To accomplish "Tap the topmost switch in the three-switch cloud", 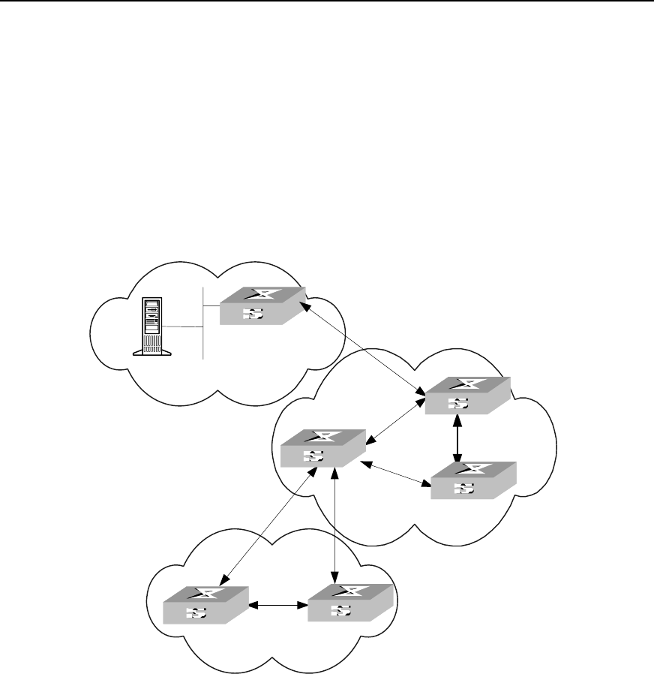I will point(466,396).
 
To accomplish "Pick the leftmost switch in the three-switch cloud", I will point(322,450).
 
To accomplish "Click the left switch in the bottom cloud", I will point(205,606).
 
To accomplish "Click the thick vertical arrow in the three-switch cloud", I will point(457,439).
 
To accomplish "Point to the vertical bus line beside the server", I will point(203,323).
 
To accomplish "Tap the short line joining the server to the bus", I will point(184,327).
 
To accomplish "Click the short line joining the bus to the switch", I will point(211,305).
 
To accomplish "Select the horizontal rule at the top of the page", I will point(327,2).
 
